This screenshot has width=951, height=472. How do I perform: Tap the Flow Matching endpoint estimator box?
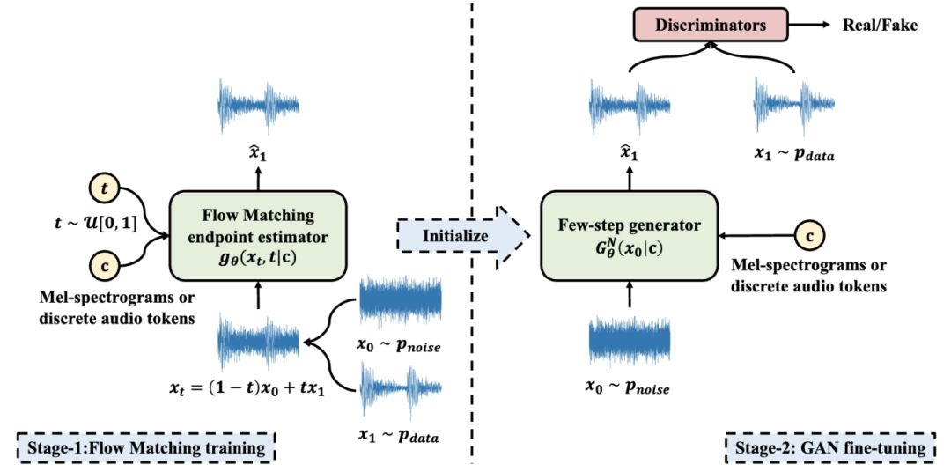point(257,236)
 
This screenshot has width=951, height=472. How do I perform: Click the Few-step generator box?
point(630,236)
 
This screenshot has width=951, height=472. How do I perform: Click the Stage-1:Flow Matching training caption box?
point(146,448)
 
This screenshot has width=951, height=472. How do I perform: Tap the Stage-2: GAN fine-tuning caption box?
point(829,448)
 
